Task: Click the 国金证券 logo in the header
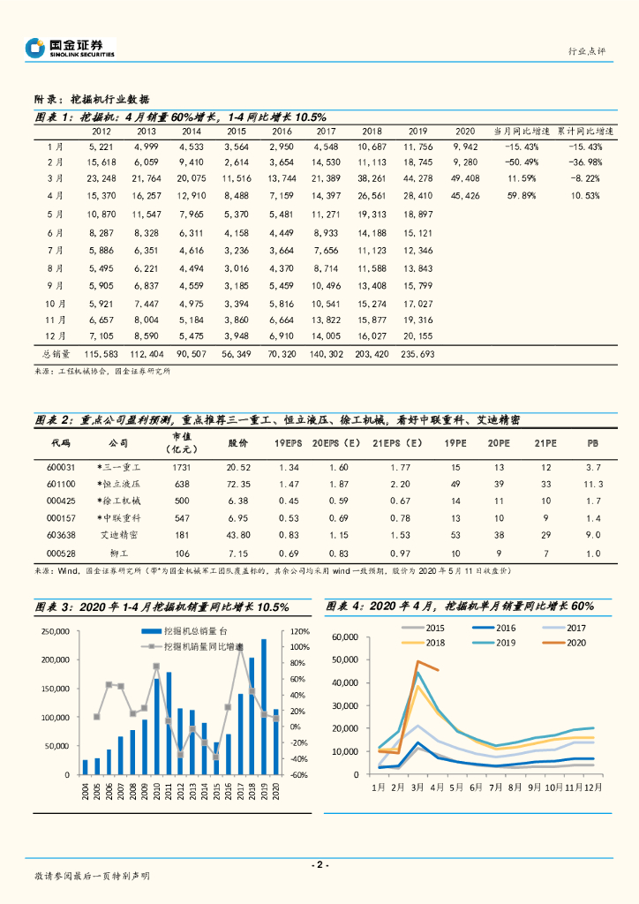point(70,48)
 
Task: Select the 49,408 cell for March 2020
point(465,178)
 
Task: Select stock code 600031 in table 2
point(60,466)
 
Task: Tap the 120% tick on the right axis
point(297,632)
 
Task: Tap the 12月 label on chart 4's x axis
point(594,786)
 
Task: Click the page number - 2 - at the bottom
point(319,864)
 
